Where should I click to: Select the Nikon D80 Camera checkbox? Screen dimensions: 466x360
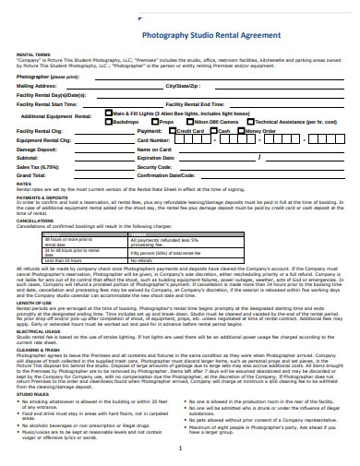click(x=188, y=121)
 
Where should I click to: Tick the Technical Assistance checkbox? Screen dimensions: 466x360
click(x=252, y=121)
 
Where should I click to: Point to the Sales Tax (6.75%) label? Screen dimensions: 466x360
click(x=39, y=166)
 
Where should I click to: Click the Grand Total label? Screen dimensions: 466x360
click(x=31, y=174)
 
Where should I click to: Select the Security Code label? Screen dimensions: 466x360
click(x=156, y=166)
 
